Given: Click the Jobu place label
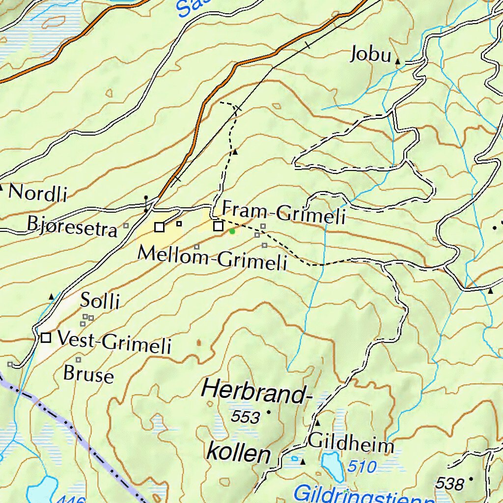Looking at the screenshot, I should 370,54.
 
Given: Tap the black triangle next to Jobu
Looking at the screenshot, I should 397,61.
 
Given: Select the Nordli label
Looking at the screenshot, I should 37,193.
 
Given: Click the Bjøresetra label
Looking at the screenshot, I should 72,226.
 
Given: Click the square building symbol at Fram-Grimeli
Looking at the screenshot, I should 218,226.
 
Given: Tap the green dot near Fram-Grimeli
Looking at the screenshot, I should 232,231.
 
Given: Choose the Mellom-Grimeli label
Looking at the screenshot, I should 212,257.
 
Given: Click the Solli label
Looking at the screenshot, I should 100,300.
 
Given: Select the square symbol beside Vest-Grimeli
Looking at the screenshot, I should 46,338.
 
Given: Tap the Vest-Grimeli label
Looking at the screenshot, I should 114,341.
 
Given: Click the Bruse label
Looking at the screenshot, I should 88,374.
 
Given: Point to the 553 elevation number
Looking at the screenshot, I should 245,417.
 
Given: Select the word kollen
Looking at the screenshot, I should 239,452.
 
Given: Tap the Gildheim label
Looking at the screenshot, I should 351,445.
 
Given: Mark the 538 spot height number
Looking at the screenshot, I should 449,484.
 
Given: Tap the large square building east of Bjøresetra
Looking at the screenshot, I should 159,227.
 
